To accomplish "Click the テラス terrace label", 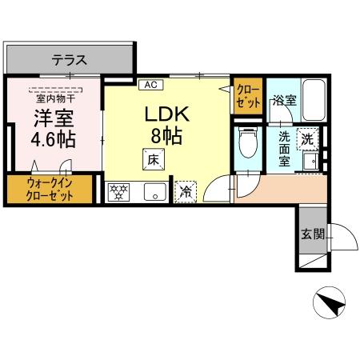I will (70, 59).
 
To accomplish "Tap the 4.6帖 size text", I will (54, 139).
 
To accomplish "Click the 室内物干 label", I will (53, 98).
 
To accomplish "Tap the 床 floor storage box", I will (151, 160).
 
